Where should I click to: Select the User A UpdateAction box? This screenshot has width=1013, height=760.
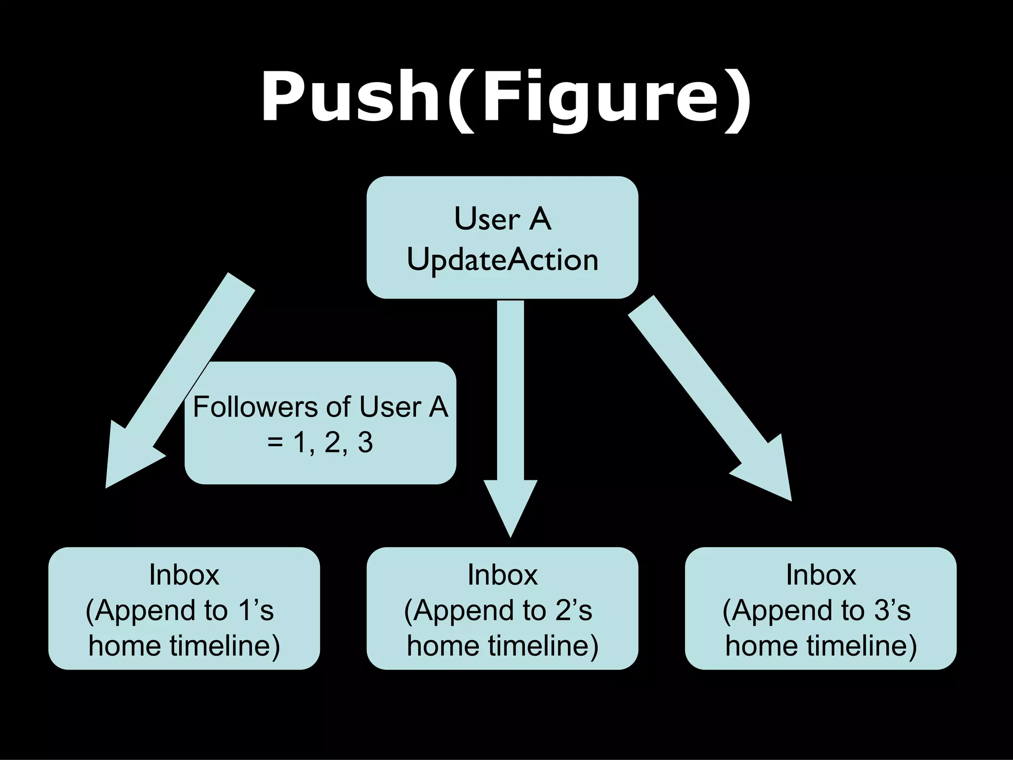click(502, 237)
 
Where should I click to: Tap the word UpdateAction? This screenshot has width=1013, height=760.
click(502, 260)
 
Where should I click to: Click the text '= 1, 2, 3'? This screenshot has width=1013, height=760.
click(320, 442)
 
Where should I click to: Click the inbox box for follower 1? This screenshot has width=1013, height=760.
click(184, 608)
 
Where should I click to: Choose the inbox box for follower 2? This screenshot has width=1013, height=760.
click(502, 608)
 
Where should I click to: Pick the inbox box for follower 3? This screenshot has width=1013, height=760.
click(821, 608)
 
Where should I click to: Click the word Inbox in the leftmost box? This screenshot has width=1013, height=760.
click(184, 575)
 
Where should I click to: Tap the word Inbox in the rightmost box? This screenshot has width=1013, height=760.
click(821, 575)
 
